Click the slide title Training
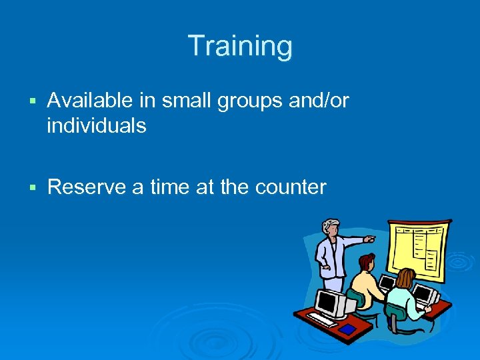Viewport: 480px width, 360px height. [240, 46]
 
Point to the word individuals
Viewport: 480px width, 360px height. [96, 125]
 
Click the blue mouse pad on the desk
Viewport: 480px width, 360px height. [347, 329]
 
